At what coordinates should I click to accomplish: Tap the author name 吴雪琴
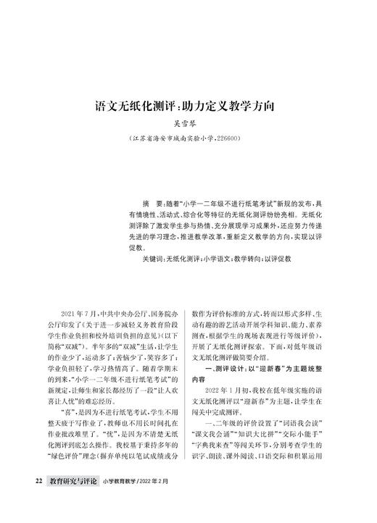click(x=188, y=122)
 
